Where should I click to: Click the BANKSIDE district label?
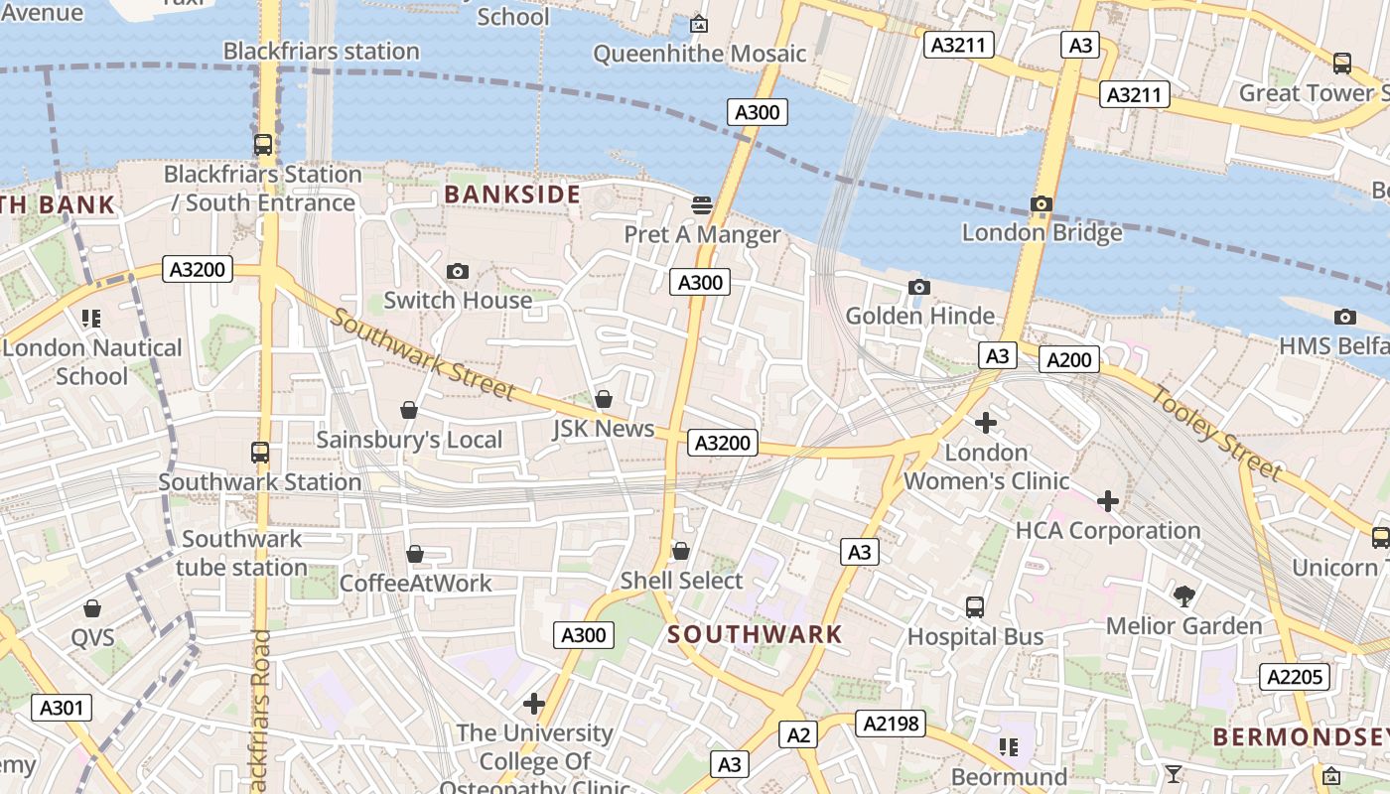tap(511, 195)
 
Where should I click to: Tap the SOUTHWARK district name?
tap(755, 634)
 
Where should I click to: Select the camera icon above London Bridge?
tap(1041, 204)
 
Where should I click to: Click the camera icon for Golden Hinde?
tap(918, 288)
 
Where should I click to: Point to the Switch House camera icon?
tap(458, 272)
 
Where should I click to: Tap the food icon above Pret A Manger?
tap(702, 205)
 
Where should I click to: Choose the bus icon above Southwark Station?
tap(260, 453)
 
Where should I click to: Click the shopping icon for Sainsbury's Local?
tap(408, 410)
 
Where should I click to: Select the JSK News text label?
tap(603, 429)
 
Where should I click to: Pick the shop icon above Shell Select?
tap(681, 551)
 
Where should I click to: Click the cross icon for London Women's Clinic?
tap(985, 424)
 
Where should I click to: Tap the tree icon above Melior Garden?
tap(1183, 596)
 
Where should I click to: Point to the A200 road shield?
tap(1069, 359)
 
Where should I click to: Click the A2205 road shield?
tap(1294, 677)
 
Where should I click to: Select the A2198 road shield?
tap(890, 725)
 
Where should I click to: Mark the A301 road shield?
tap(62, 708)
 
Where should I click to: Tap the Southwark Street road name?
tap(423, 354)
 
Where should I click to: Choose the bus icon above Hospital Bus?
tap(975, 606)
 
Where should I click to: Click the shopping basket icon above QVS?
tap(92, 608)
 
